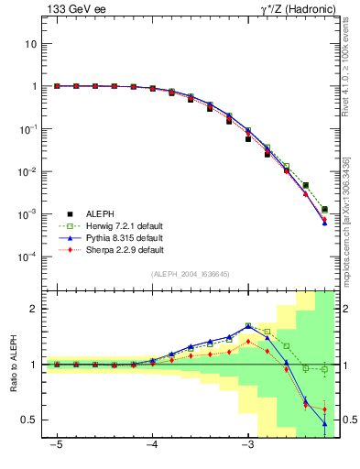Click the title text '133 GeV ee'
74,9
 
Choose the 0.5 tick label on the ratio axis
29,420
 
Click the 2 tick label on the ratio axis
34,310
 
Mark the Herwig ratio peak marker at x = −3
248,325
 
